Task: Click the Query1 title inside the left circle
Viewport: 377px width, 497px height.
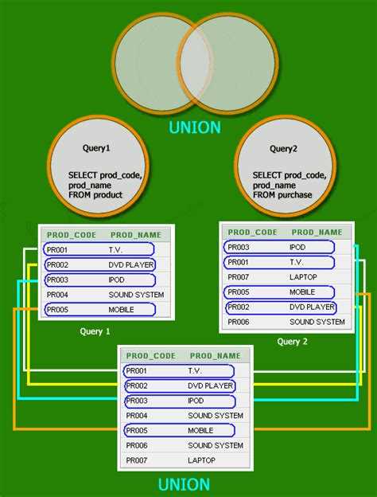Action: pyautogui.click(x=96, y=148)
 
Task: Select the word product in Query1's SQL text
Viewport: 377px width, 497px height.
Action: pyautogui.click(x=107, y=194)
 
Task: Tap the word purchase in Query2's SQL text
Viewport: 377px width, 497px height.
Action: pyautogui.click(x=295, y=194)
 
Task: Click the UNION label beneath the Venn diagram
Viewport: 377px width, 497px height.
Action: pyautogui.click(x=195, y=127)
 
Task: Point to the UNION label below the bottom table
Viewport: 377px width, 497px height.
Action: pyautogui.click(x=184, y=484)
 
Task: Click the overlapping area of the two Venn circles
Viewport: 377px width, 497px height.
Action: pyautogui.click(x=195, y=64)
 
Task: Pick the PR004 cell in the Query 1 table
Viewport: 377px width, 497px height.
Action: pyautogui.click(x=57, y=295)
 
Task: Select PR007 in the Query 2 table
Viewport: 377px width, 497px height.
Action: pyautogui.click(x=239, y=277)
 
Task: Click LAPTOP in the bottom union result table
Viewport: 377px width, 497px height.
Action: pyautogui.click(x=202, y=460)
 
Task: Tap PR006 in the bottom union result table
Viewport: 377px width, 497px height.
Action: pyautogui.click(x=137, y=445)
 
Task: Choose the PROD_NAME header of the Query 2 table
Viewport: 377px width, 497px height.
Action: pyautogui.click(x=317, y=233)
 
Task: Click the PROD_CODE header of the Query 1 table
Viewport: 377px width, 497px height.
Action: pyautogui.click(x=72, y=235)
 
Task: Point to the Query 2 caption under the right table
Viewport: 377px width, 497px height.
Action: pyautogui.click(x=292, y=342)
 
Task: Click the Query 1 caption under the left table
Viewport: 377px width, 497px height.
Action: pyautogui.click(x=95, y=331)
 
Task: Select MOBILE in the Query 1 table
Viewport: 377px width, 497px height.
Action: pyautogui.click(x=121, y=310)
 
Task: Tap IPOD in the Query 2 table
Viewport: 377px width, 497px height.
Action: pyautogui.click(x=297, y=247)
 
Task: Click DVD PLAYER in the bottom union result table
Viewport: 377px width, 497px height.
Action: pyautogui.click(x=211, y=385)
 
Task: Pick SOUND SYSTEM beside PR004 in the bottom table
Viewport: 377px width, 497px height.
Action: pyautogui.click(x=216, y=416)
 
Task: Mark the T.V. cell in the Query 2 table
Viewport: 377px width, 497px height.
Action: pyautogui.click(x=297, y=262)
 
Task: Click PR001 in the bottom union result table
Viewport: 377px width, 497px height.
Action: pyautogui.click(x=137, y=371)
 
